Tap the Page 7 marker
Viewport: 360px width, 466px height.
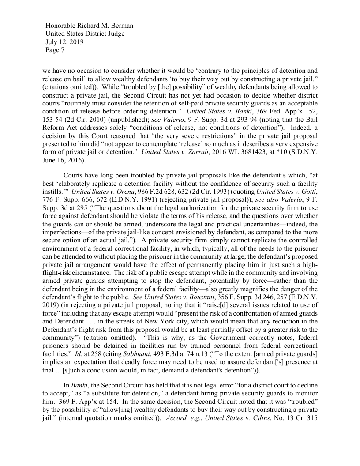click(x=55, y=50)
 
